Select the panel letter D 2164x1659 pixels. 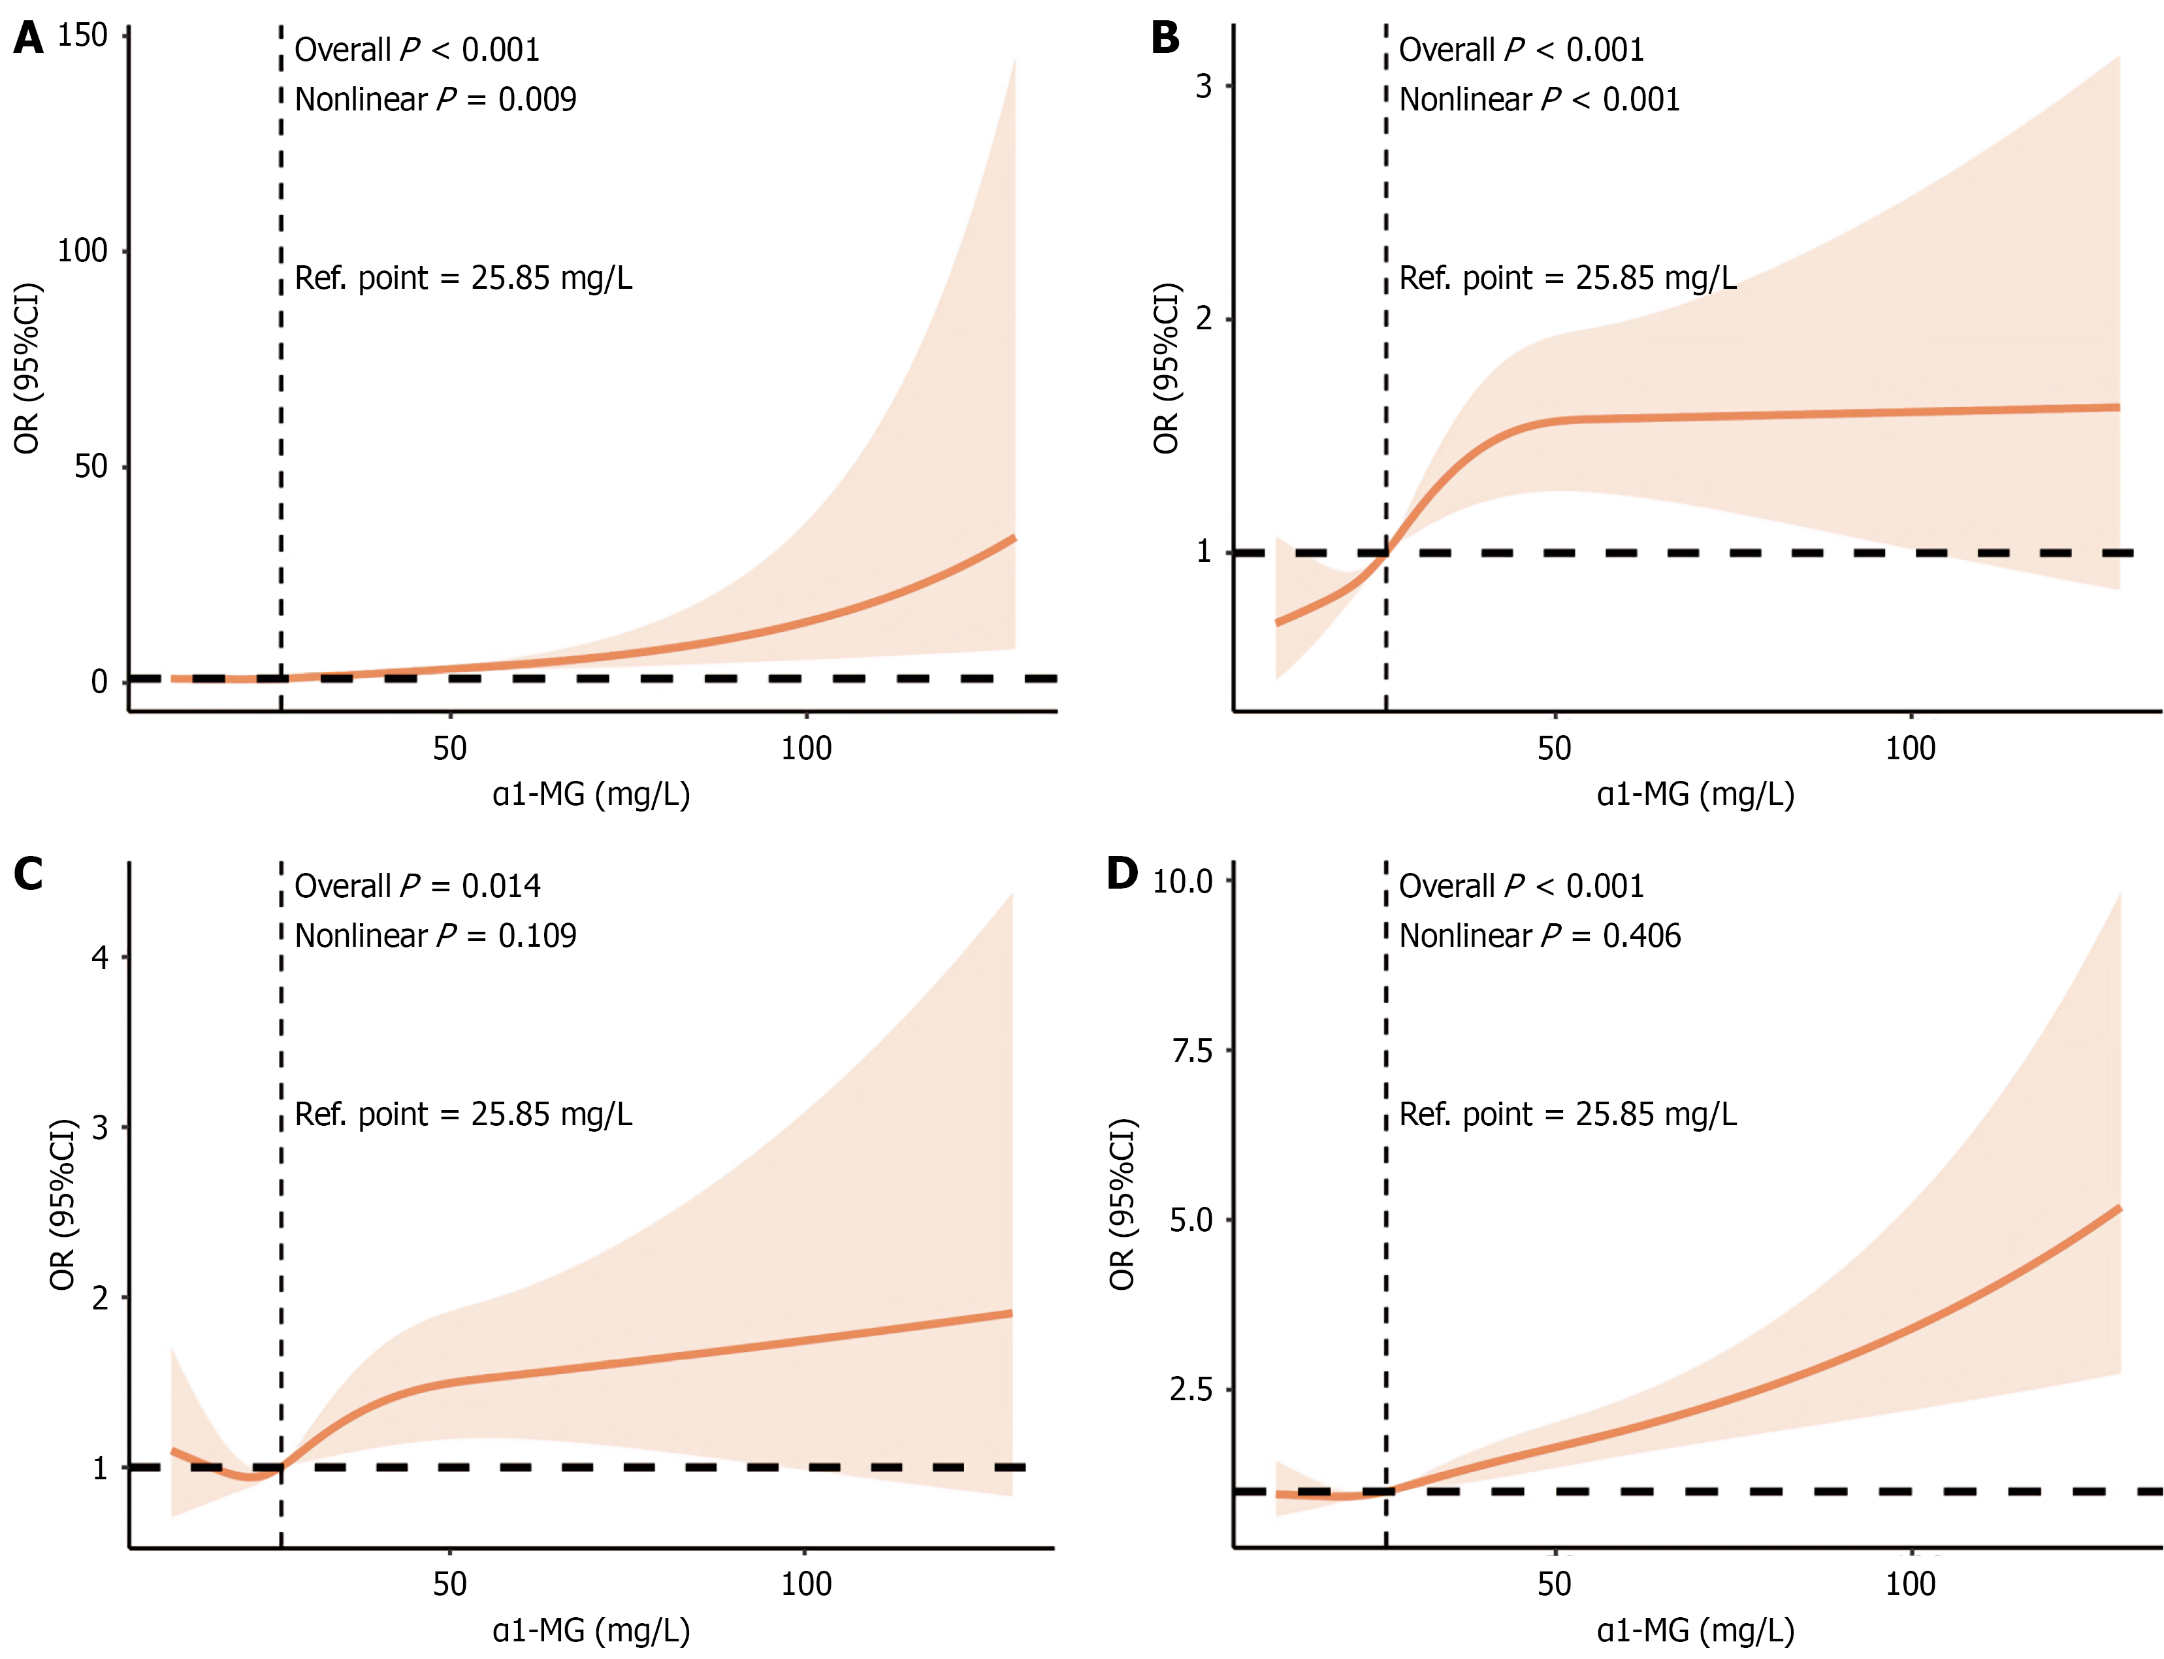[x=1122, y=874]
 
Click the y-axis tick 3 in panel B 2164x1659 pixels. [x=1203, y=87]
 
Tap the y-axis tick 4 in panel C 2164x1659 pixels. [x=100, y=957]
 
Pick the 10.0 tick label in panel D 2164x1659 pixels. [x=1183, y=881]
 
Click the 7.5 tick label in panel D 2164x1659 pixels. [x=1191, y=1051]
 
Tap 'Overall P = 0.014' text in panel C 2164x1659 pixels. [x=417, y=887]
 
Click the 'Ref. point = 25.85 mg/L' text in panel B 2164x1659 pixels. [x=1568, y=278]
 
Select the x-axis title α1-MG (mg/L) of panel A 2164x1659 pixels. [x=591, y=794]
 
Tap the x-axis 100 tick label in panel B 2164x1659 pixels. [x=1911, y=749]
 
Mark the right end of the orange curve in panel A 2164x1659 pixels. [x=1014, y=538]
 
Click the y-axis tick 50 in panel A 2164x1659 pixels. [x=91, y=466]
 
